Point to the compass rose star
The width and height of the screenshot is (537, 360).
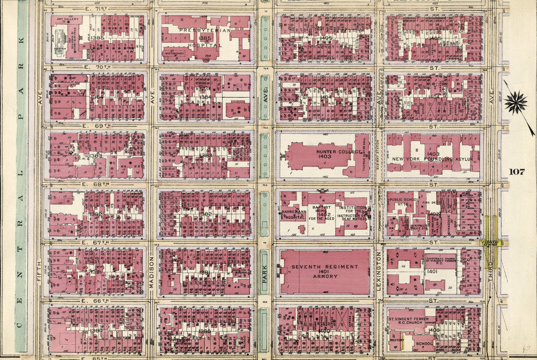coord(516,102)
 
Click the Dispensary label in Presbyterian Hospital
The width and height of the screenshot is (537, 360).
coord(174,53)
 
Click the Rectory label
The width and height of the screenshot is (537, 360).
coord(397,340)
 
